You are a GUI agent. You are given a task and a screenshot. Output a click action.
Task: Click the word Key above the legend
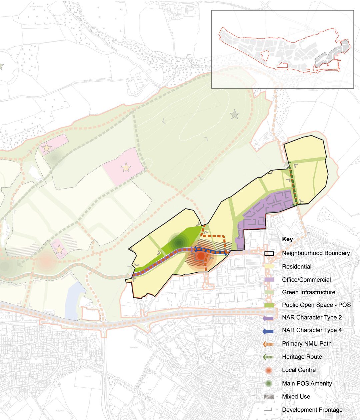pyautogui.click(x=287, y=239)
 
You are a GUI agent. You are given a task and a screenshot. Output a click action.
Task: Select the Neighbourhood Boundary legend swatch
pyautogui.click(x=269, y=253)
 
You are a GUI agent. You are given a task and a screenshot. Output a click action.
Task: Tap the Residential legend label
pyautogui.click(x=297, y=267)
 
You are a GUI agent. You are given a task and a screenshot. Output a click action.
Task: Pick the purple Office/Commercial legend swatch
pyautogui.click(x=269, y=280)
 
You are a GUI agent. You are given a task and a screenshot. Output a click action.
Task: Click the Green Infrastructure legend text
pyautogui.click(x=308, y=292)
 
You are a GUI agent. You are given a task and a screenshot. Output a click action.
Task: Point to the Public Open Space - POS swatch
pyautogui.click(x=269, y=305)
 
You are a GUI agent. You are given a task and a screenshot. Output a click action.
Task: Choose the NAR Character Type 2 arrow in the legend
pyautogui.click(x=268, y=318)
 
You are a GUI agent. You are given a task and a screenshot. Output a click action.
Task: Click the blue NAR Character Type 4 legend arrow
pyautogui.click(x=268, y=331)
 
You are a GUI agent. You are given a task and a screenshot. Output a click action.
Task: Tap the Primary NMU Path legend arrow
pyautogui.click(x=268, y=344)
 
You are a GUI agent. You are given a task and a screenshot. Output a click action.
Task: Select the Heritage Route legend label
pyautogui.click(x=302, y=357)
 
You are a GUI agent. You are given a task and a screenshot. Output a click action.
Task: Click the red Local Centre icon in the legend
pyautogui.click(x=269, y=370)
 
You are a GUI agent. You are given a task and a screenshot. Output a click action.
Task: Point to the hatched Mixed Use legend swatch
pyautogui.click(x=269, y=397)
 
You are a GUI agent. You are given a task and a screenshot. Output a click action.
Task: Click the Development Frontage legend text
pyautogui.click(x=312, y=410)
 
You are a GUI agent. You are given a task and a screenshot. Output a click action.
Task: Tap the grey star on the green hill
pyautogui.click(x=235, y=115)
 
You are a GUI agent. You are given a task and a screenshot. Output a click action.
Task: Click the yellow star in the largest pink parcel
pyautogui.click(x=126, y=167)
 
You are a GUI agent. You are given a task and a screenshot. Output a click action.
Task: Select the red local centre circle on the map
pyautogui.click(x=200, y=256)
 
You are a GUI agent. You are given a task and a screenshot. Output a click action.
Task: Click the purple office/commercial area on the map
pyautogui.click(x=267, y=207)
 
